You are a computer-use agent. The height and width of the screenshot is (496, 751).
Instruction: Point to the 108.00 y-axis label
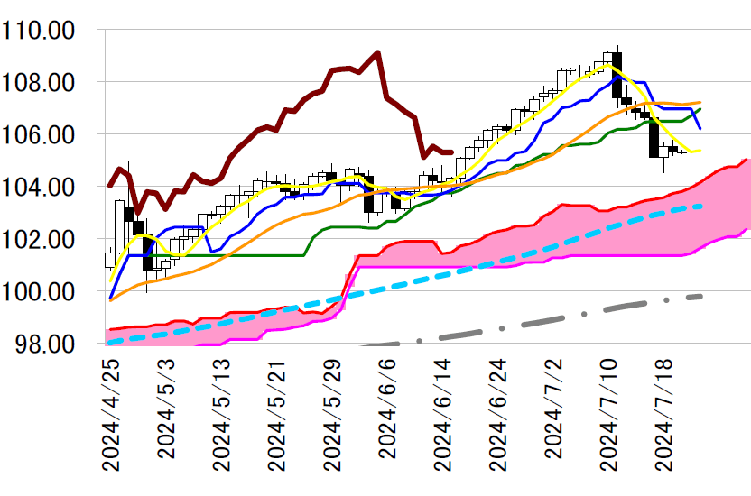click(x=50, y=83)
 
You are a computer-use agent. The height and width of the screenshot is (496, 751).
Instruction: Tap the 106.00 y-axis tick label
click(x=50, y=135)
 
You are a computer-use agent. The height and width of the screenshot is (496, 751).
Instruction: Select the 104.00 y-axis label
click(x=50, y=188)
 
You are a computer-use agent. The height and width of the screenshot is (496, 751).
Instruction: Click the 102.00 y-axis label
click(x=50, y=240)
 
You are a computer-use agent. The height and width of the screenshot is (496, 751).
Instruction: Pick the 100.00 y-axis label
click(x=50, y=292)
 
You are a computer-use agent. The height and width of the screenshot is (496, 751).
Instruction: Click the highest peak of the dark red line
click(x=377, y=52)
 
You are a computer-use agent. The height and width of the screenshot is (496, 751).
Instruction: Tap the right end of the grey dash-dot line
click(x=701, y=296)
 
